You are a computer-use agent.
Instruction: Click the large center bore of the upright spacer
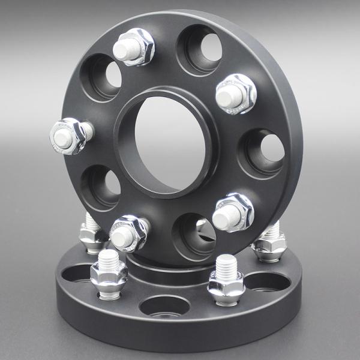tap(166, 146)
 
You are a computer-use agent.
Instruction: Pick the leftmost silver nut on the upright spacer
tap(69, 136)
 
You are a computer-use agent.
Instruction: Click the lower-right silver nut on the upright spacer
tap(233, 211)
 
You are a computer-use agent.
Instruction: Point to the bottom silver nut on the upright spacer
tap(129, 232)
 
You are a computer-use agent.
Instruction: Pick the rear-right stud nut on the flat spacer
tap(268, 242)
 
